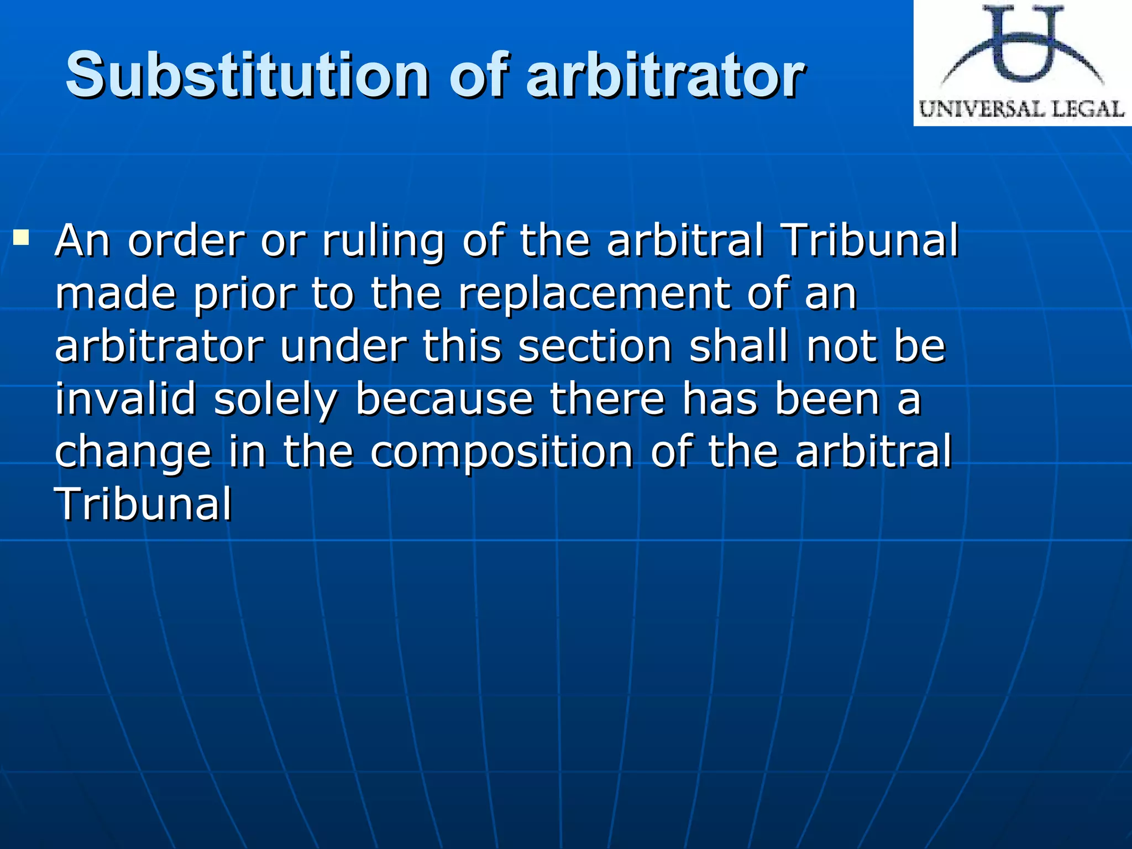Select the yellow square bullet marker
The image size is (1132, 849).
tap(22, 238)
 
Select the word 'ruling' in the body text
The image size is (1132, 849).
tap(383, 242)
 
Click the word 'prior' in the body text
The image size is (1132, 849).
tap(244, 294)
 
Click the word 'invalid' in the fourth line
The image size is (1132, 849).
tap(125, 399)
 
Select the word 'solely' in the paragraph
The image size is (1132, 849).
tap(275, 400)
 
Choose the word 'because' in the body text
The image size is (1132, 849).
tap(444, 399)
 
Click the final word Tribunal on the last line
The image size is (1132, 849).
tap(143, 504)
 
